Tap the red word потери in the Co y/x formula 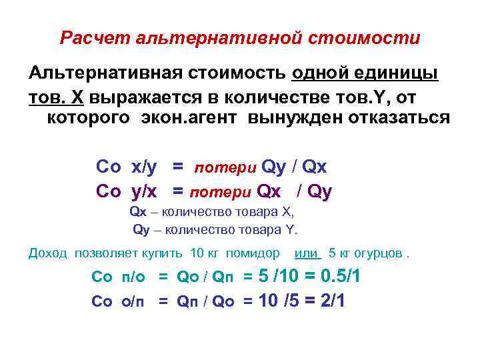(x=220, y=193)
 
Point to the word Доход (x=49, y=253)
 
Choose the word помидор (x=253, y=253)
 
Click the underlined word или (x=307, y=253)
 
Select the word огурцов (x=380, y=253)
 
